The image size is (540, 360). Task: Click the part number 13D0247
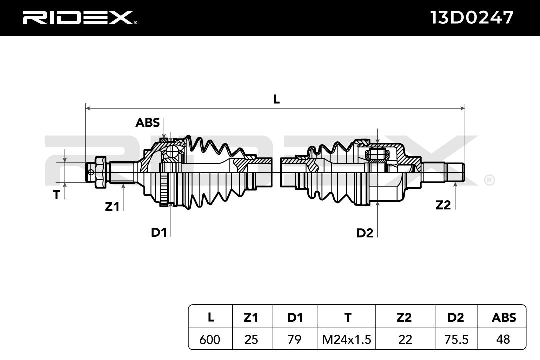pyautogui.click(x=472, y=18)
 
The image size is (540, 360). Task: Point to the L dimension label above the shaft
pyautogui.click(x=276, y=99)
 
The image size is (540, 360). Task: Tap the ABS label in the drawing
pyautogui.click(x=147, y=122)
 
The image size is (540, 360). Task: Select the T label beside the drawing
pyautogui.click(x=56, y=195)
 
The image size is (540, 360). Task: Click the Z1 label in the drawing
pyautogui.click(x=112, y=206)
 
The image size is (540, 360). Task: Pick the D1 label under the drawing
pyautogui.click(x=159, y=232)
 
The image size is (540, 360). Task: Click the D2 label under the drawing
pyautogui.click(x=365, y=233)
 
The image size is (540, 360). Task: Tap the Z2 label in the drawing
pyautogui.click(x=443, y=205)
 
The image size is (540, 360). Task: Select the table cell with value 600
pyautogui.click(x=210, y=339)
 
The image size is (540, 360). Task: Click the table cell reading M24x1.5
pyautogui.click(x=347, y=339)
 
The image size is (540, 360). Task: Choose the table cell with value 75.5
pyautogui.click(x=456, y=339)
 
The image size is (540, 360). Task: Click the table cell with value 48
pyautogui.click(x=504, y=339)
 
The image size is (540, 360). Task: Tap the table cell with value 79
pyautogui.click(x=295, y=339)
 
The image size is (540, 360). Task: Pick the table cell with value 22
pyautogui.click(x=405, y=339)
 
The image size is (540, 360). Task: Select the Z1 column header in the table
pyautogui.click(x=251, y=317)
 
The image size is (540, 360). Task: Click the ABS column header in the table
pyautogui.click(x=504, y=317)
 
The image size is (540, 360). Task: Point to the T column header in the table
pyautogui.click(x=347, y=317)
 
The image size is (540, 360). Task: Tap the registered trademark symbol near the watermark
pyautogui.click(x=489, y=180)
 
